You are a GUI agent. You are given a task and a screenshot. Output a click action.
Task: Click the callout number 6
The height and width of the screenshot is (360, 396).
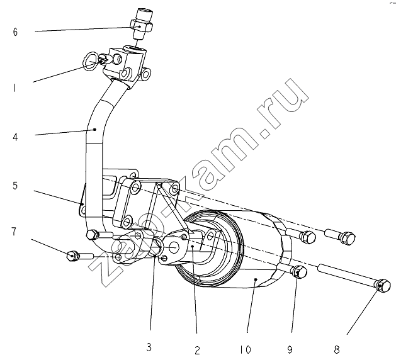[15, 32]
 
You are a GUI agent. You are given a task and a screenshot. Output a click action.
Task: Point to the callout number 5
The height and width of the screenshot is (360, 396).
[14, 186]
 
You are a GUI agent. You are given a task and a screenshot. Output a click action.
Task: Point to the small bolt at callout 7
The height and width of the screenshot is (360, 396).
[72, 255]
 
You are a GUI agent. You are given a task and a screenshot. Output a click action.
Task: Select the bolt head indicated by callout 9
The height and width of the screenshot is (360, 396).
[300, 272]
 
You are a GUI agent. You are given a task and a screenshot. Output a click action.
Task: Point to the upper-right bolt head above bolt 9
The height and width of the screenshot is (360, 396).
[344, 237]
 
